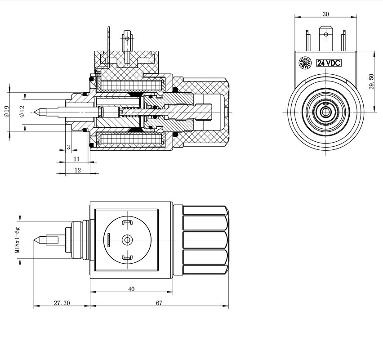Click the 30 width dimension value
325,14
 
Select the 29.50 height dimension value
371,81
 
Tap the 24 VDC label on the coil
329,63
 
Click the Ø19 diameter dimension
6,112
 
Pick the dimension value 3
68,147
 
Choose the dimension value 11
77,159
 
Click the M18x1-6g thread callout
17,240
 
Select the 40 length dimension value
131,289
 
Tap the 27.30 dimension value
62,303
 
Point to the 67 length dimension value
159,303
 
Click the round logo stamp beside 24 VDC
307,63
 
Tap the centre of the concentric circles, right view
325,111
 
